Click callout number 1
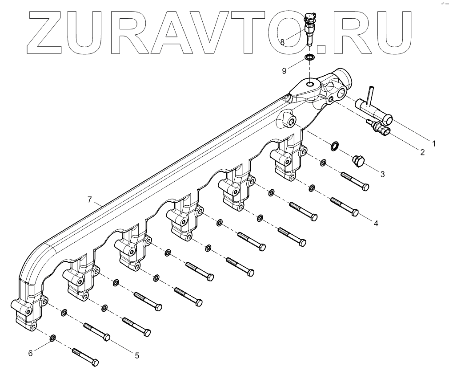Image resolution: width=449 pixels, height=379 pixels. click(434, 143)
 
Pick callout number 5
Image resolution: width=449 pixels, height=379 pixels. click(137, 355)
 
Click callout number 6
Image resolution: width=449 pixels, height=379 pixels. click(31, 353)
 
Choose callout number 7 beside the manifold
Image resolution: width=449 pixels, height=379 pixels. click(90, 200)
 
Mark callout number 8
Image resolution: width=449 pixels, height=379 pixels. click(283, 41)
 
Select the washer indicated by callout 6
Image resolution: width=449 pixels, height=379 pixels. click(53, 338)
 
